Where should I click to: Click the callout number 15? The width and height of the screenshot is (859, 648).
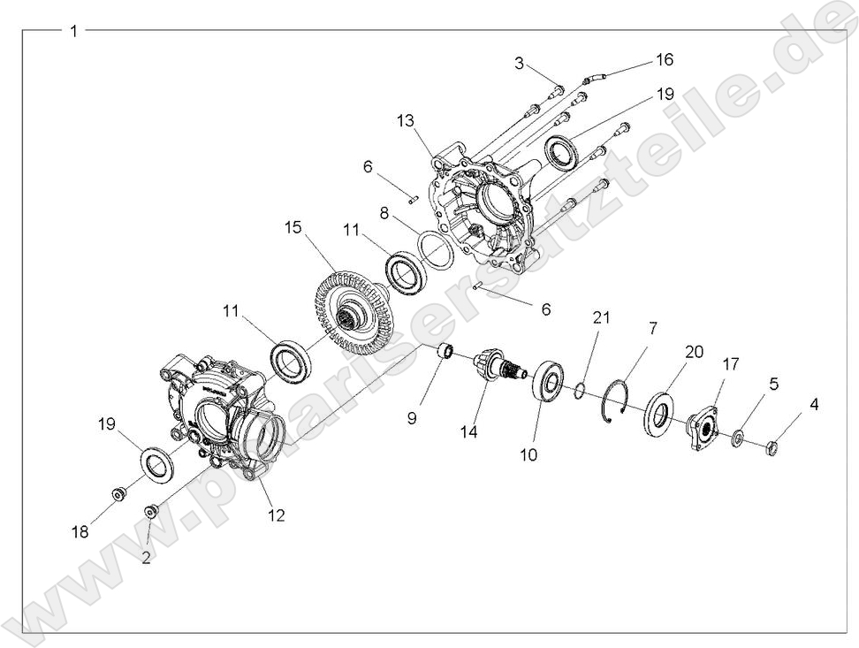[293, 227]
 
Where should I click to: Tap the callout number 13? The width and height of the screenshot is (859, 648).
[406, 120]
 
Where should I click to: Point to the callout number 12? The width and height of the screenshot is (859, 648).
[277, 515]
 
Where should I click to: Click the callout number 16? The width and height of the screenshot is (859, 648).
[664, 59]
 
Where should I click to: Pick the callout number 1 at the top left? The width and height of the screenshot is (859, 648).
[74, 31]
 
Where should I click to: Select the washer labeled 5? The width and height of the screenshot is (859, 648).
[737, 438]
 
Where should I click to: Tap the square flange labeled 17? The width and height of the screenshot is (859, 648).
[702, 427]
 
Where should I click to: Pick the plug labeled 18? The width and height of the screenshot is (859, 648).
[117, 492]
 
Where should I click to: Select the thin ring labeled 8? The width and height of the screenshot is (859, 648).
[435, 248]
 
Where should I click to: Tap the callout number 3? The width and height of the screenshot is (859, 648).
[521, 63]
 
